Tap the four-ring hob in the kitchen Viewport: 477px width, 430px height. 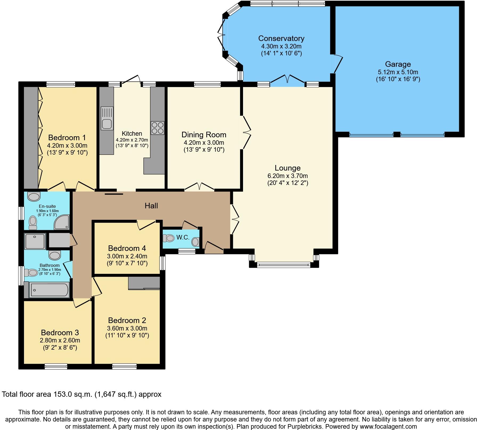pyautogui.click(x=157, y=128)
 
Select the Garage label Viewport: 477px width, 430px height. pyautogui.click(x=398, y=64)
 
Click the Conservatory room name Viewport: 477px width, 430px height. pyautogui.click(x=281, y=38)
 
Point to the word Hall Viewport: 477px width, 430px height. pyautogui.click(x=151, y=206)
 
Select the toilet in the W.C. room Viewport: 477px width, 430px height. pyautogui.click(x=169, y=238)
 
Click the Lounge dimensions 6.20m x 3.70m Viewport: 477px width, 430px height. pyautogui.click(x=287, y=176)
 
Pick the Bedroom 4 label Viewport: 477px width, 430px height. pyautogui.click(x=127, y=249)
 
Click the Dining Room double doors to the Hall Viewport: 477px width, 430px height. pyautogui.click(x=199, y=187)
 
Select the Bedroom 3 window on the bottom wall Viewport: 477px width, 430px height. pyautogui.click(x=56, y=366)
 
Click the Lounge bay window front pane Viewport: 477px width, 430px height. pyautogui.click(x=284, y=265)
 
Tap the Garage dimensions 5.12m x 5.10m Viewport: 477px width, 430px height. pyautogui.click(x=398, y=72)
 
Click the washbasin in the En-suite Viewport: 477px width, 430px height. pyautogui.click(x=34, y=197)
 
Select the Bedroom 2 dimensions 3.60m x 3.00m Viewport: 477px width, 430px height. pyautogui.click(x=127, y=328)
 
